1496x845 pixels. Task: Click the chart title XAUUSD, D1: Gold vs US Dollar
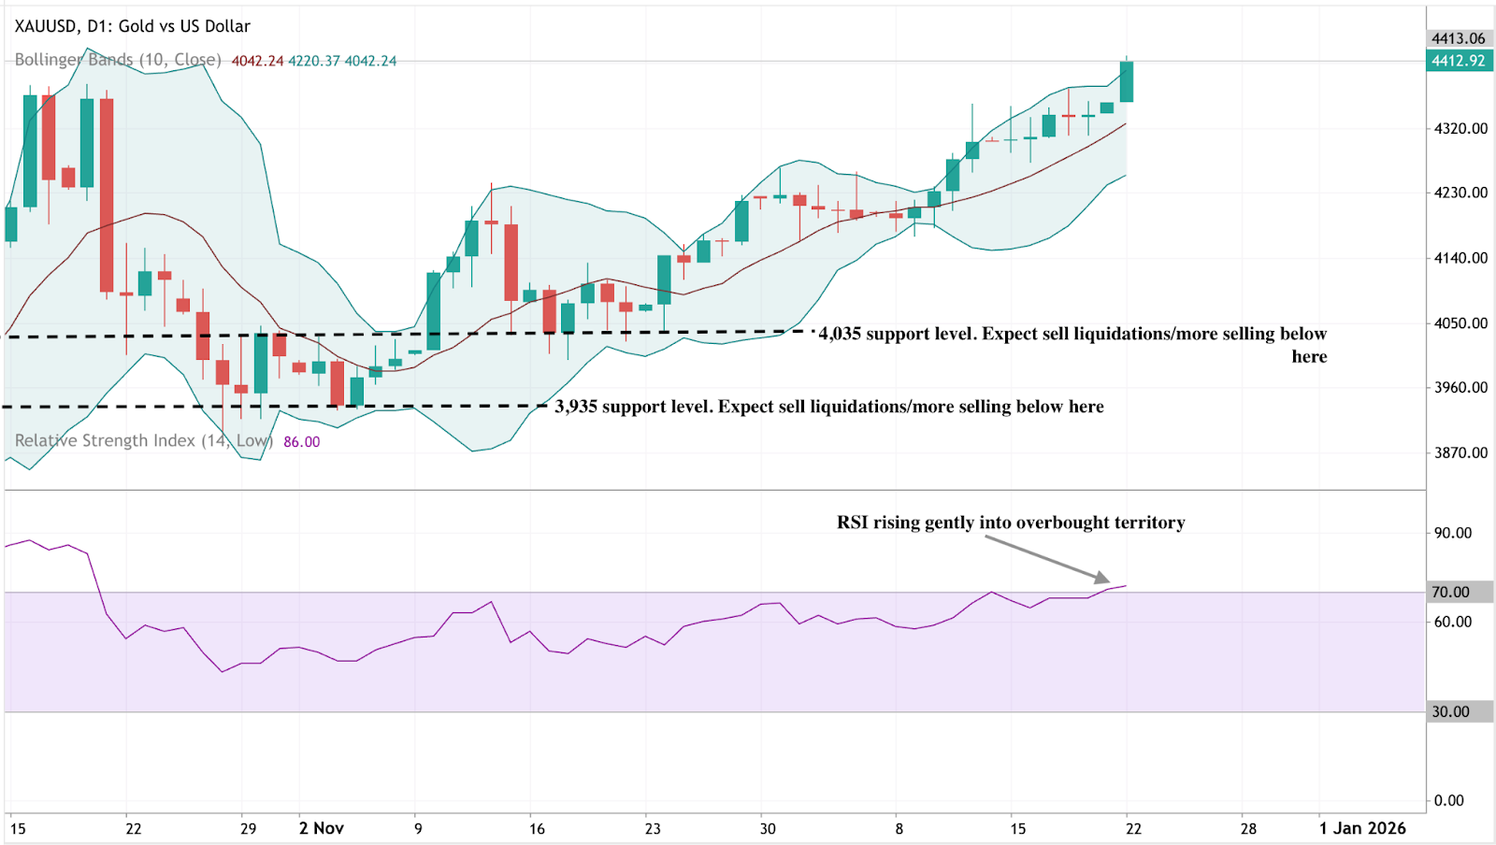132,26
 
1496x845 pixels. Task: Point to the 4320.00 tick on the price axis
1460,128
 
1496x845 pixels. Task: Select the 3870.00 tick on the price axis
1460,452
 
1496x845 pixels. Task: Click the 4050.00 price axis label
1460,322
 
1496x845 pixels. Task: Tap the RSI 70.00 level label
1451,592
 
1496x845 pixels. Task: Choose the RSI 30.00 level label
1451,711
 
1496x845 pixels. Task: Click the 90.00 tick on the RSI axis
1453,533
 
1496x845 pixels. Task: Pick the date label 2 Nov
322,828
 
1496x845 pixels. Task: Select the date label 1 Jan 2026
1362,828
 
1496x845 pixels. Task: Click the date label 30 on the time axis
768,828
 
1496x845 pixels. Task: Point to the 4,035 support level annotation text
1072,335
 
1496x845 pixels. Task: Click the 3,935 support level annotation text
829,407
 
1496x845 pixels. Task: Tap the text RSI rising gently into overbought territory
1011,523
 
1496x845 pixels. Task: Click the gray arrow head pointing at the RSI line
1102,579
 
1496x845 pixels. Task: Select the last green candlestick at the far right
1127,82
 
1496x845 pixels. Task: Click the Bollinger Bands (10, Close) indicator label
118,60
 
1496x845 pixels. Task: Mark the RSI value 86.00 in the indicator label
301,442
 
